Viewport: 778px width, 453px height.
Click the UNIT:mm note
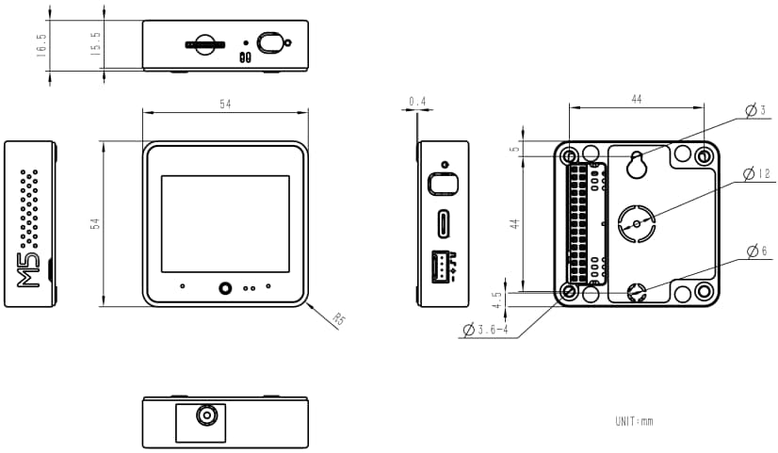tap(633, 421)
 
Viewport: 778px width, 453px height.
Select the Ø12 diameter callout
tap(756, 174)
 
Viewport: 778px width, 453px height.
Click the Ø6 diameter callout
tap(756, 251)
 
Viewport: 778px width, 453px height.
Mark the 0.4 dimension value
tap(416, 101)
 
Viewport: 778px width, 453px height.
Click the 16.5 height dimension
tap(41, 45)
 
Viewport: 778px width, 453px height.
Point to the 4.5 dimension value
tap(497, 299)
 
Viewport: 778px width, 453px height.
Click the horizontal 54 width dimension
tap(225, 104)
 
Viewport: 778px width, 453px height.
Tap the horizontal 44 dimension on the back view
tap(637, 99)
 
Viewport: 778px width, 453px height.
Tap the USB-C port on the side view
tap(443, 224)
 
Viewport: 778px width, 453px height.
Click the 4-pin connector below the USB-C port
tap(442, 267)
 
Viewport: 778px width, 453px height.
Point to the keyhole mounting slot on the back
tap(637, 164)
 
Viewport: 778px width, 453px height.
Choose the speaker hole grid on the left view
tap(30, 207)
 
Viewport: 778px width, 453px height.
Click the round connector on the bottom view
tap(203, 415)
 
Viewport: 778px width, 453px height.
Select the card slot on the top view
tap(204, 43)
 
